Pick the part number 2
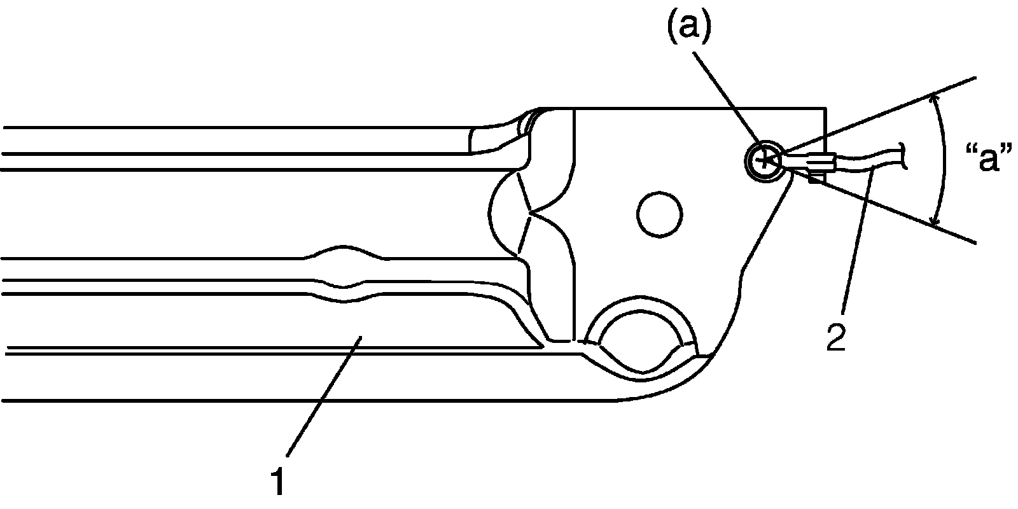tap(836, 337)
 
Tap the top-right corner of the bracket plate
tap(825, 109)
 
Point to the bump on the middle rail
tap(344, 249)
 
